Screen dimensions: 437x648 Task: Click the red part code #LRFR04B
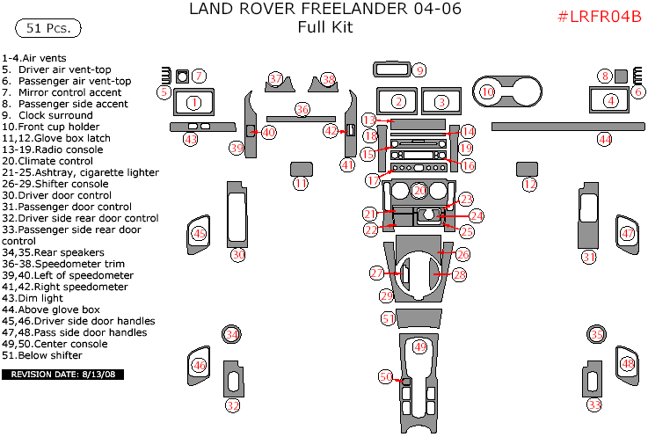coord(601,18)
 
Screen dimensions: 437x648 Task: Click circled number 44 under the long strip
coord(604,139)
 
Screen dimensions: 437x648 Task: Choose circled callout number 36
coord(302,109)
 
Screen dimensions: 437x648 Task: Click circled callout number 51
coord(388,318)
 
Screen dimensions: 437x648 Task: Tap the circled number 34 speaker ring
coord(231,335)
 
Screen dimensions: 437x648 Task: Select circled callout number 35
coord(596,335)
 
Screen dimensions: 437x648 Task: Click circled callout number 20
coord(420,190)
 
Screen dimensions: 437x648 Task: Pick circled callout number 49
coord(420,347)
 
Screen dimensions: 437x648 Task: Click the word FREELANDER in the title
coord(380,11)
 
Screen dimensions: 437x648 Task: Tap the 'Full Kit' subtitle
coord(324,27)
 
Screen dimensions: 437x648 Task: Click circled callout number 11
coord(301,184)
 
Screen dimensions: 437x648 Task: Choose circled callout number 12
coord(529,185)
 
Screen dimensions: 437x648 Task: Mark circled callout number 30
coord(237,255)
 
